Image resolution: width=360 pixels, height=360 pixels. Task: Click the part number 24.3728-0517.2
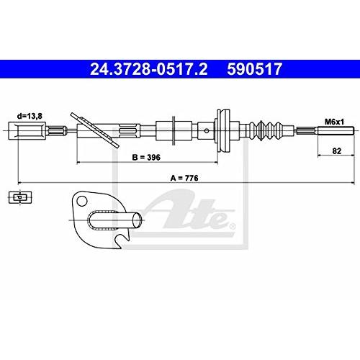(x=149, y=69)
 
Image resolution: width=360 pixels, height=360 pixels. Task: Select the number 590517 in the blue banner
(x=255, y=69)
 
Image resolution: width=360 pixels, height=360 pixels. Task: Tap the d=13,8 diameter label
(x=30, y=116)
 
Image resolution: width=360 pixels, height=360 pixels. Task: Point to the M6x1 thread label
(x=334, y=122)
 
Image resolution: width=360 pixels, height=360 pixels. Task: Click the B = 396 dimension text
(x=146, y=158)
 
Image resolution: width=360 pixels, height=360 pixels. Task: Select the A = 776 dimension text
(x=184, y=178)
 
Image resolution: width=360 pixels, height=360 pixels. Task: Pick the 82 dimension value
(x=337, y=151)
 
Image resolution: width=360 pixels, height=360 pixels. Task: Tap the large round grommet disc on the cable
(x=223, y=131)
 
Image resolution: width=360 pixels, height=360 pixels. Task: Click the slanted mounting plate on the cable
(x=95, y=130)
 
